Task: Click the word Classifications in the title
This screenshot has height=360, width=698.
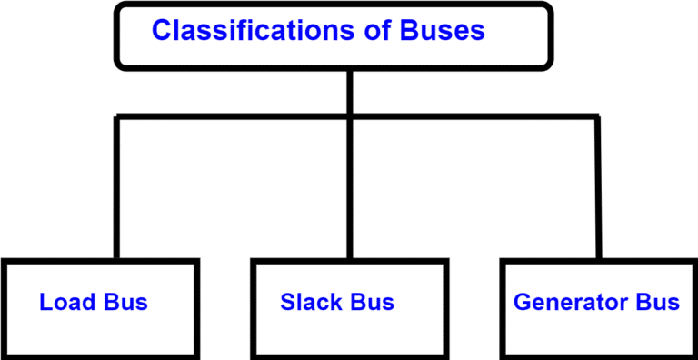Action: [248, 31]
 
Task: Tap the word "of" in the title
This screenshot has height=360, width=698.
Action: [370, 31]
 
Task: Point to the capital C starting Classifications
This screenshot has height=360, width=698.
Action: [162, 31]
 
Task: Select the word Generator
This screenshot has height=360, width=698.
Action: [567, 302]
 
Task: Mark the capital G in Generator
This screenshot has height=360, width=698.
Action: [523, 302]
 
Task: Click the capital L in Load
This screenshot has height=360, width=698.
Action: [45, 302]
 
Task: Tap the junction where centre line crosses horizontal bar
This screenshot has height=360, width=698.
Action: [349, 116]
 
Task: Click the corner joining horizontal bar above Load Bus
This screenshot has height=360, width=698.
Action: [117, 116]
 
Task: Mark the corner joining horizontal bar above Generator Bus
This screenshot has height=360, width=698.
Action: [597, 116]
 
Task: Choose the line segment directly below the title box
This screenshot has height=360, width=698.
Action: [349, 91]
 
